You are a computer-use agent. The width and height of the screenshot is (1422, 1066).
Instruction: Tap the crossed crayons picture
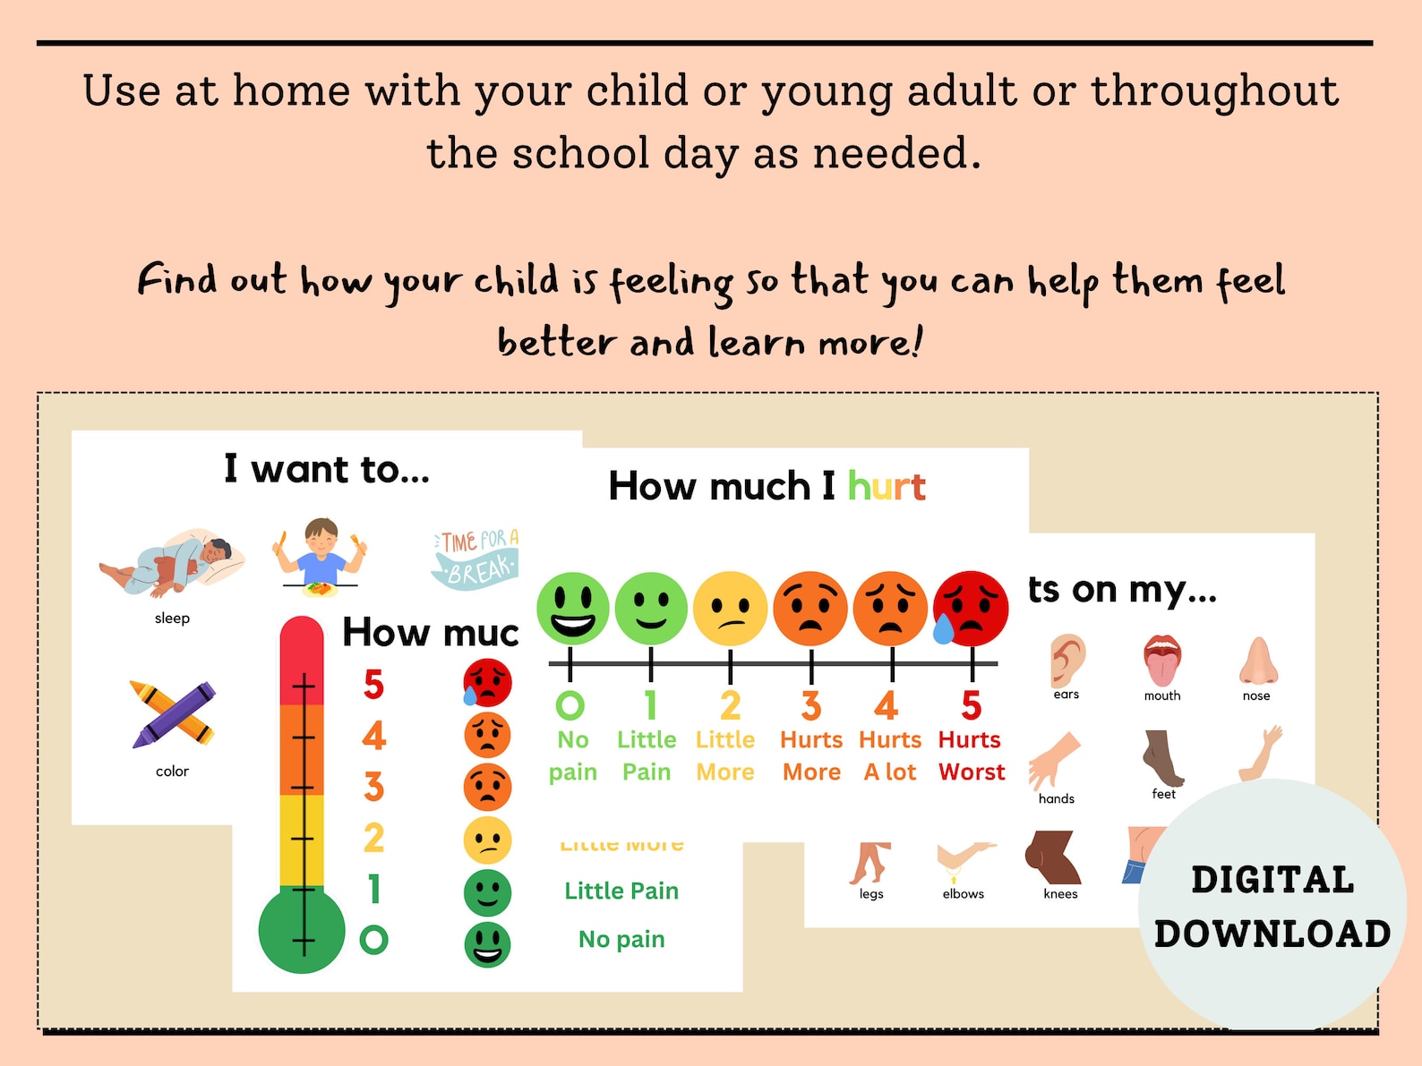click(173, 714)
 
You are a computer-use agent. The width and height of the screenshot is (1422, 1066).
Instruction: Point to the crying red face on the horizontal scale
click(970, 609)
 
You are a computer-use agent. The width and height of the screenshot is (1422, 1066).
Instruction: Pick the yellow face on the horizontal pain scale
click(730, 609)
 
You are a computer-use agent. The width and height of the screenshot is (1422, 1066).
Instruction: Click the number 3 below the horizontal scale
click(810, 706)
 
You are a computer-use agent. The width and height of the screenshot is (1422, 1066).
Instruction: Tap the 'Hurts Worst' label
click(972, 755)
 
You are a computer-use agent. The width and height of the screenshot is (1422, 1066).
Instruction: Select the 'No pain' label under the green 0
click(573, 755)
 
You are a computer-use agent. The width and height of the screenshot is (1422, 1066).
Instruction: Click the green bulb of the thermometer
click(302, 931)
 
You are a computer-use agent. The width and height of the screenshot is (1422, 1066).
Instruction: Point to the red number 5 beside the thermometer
click(373, 685)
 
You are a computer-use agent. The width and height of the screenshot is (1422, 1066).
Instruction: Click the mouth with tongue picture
click(1162, 661)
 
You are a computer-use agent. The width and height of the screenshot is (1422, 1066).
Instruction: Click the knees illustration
click(1054, 857)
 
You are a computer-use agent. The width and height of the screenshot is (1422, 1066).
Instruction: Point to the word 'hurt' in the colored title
click(887, 486)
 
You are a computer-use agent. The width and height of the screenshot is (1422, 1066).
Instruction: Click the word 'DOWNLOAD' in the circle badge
click(1272, 934)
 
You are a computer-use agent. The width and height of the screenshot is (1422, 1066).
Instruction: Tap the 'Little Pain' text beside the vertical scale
click(621, 891)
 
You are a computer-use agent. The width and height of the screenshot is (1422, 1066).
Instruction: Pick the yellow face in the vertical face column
click(487, 840)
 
